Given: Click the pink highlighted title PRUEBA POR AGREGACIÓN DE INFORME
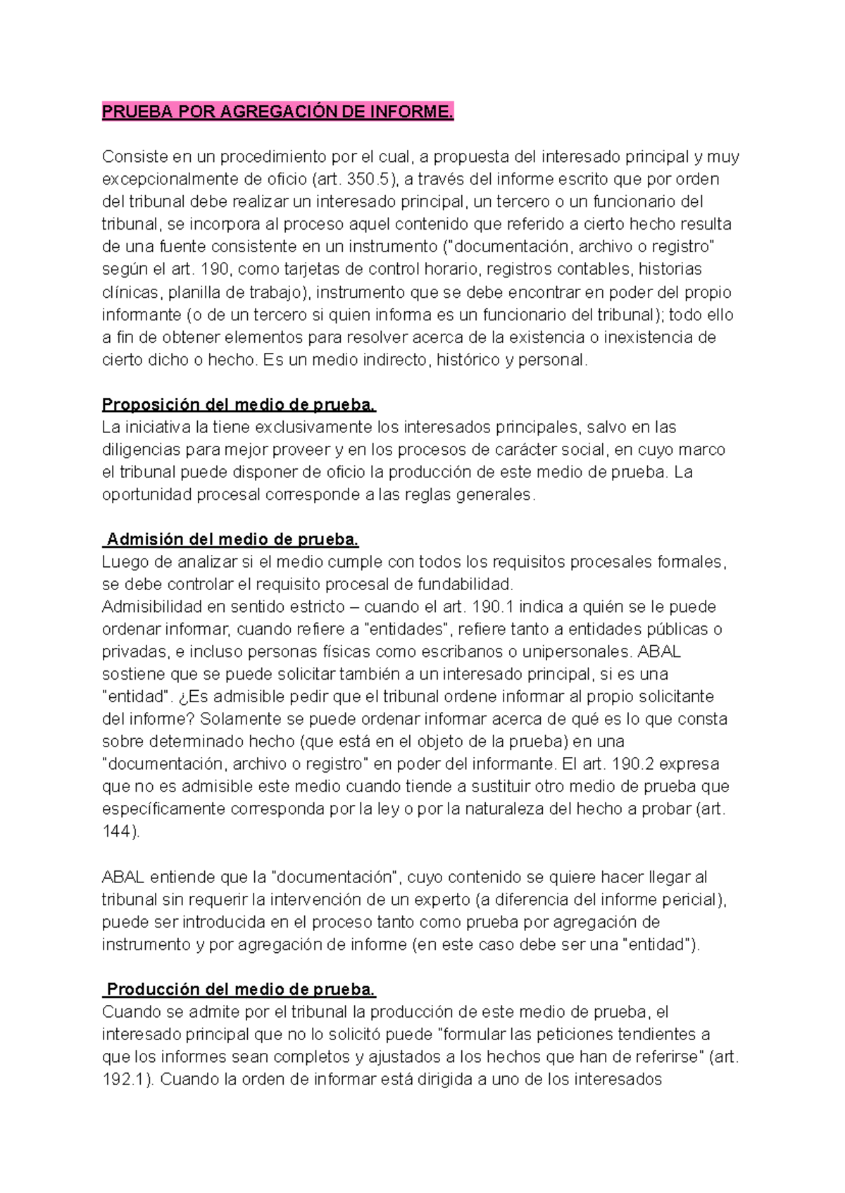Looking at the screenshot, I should pyautogui.click(x=277, y=111).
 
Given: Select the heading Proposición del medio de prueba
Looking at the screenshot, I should pyautogui.click(x=239, y=405).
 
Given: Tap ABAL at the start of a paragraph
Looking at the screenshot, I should pyautogui.click(x=123, y=877).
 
